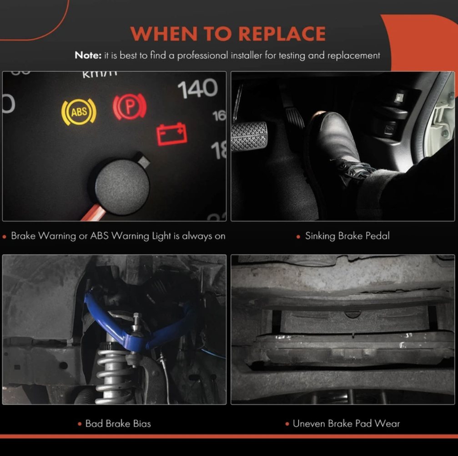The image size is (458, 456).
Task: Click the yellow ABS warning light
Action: point(79,112)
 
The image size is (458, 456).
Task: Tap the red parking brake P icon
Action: point(130,106)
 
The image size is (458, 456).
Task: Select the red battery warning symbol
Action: point(172,134)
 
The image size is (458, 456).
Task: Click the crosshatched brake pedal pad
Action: point(249,137)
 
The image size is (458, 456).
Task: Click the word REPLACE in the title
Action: point(282,34)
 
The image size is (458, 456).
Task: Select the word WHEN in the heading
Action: point(164,34)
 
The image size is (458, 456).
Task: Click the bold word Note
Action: point(88,55)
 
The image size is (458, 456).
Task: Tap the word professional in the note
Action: point(202,55)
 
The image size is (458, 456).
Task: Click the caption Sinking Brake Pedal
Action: point(347,236)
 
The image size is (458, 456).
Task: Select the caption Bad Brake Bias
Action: point(118,424)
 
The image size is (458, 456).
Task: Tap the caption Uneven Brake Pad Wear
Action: point(346,424)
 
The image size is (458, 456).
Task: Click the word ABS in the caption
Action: point(99,236)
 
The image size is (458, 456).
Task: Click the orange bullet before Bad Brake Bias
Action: point(80,424)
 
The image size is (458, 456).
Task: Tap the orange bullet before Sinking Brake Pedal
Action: point(298,237)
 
